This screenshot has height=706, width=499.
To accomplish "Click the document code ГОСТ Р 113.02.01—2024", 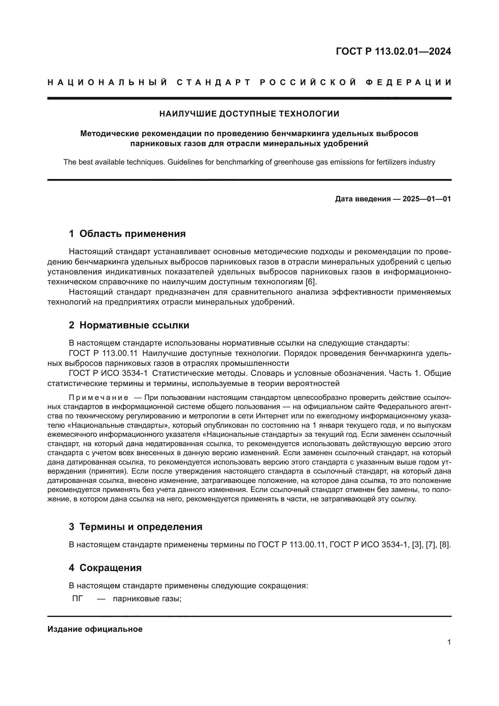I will point(393,51).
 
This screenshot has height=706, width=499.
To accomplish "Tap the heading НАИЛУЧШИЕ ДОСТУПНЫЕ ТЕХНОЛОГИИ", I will point(249,114).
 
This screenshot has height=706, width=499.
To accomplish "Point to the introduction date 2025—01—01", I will point(427,199).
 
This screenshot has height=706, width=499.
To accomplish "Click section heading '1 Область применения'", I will point(127,234).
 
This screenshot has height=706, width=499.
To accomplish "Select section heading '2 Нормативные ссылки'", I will point(129,325).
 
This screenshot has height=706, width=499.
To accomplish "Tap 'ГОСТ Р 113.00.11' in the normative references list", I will point(103,353).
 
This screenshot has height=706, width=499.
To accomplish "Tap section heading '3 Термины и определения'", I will point(135,527).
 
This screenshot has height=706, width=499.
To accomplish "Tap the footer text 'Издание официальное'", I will point(95,629).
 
